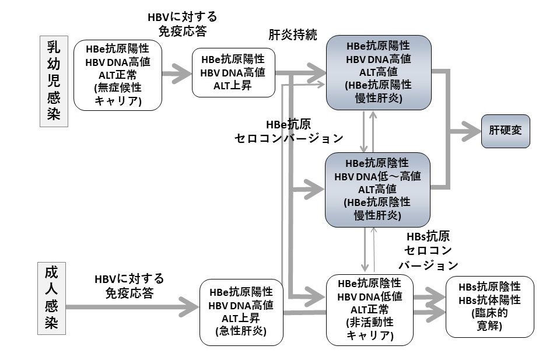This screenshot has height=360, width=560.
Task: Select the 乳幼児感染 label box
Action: pos(53,81)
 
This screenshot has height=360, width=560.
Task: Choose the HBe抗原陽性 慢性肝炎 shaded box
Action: pos(378,72)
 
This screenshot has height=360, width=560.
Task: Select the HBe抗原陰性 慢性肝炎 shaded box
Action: pos(377,190)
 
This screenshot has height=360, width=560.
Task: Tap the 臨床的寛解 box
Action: pos(489,307)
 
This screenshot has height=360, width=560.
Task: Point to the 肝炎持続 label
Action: pos(293,34)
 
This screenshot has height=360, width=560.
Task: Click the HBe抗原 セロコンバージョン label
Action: pos(289,132)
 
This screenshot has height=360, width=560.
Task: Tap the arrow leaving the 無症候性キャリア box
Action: pos(177,74)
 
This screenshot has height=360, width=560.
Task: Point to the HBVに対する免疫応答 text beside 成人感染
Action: pos(129,285)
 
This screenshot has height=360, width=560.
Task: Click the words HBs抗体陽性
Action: pos(489,300)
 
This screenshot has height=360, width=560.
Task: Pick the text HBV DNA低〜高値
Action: pos(377,176)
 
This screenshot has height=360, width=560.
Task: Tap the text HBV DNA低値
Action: pos(370,296)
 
